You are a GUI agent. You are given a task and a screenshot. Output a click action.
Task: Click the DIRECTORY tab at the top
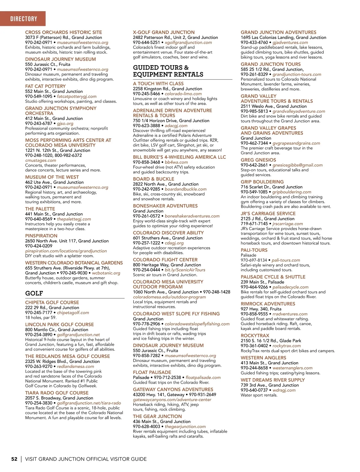click(24, 19)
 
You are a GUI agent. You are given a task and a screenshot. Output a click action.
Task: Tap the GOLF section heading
click(34, 293)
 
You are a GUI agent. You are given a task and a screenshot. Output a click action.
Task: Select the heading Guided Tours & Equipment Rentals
click(168, 71)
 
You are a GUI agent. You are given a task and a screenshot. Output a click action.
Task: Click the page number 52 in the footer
click(14, 459)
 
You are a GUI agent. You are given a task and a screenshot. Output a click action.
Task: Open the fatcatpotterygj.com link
click(77, 96)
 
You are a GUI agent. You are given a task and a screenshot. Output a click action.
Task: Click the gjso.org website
click(65, 123)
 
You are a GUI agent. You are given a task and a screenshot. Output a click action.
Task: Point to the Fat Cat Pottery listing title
click(45, 86)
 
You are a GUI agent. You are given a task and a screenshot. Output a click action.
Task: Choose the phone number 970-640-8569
click(39, 219)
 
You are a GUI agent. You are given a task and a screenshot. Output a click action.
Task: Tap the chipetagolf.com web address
click(73, 313)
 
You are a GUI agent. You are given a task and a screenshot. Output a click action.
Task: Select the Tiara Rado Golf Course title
click(57, 393)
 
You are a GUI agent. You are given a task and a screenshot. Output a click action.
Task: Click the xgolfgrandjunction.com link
click(188, 43)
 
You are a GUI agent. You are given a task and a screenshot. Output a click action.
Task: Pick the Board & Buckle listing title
click(153, 179)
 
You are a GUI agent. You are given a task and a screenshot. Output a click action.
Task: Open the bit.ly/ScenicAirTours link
click(185, 270)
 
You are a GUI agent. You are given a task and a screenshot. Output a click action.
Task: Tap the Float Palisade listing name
click(152, 373)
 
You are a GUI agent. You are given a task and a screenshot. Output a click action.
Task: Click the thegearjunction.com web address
click(185, 426)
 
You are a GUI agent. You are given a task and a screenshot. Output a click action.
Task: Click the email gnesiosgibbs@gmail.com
click(297, 165)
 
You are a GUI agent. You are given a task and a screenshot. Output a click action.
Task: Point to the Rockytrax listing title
click(255, 336)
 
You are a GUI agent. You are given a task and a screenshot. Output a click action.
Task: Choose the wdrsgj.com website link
click(284, 390)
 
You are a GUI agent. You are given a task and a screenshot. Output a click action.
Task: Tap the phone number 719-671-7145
click(254, 224)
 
